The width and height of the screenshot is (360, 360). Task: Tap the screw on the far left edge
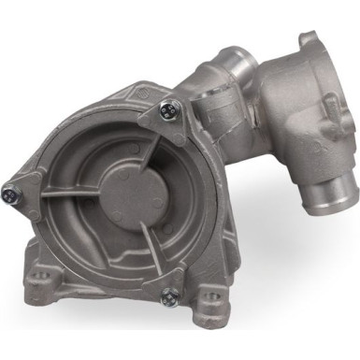click(9, 195)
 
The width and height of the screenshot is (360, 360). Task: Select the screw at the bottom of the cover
click(169, 297)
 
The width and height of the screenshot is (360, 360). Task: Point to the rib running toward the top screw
click(149, 146)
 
